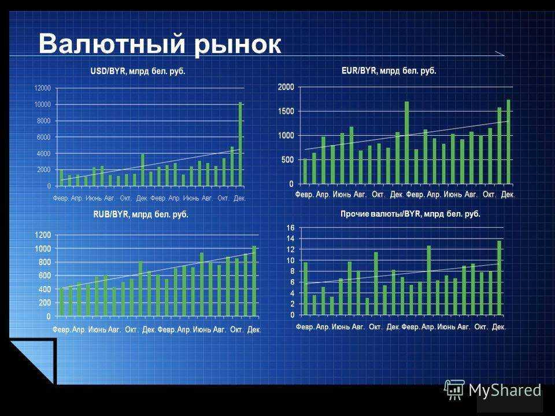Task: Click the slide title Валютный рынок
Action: [160, 44]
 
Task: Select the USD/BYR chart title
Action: [138, 71]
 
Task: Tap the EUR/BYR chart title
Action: [389, 70]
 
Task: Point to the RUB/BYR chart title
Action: [140, 214]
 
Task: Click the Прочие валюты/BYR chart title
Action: [410, 214]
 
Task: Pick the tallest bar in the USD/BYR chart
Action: [240, 144]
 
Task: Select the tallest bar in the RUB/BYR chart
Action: [254, 281]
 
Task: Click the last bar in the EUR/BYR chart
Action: [509, 142]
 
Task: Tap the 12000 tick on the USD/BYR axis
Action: [42, 88]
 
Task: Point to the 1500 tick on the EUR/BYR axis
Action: [286, 112]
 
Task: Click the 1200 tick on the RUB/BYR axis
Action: [43, 235]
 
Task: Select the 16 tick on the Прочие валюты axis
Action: [291, 228]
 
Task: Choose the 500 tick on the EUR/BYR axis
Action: [288, 160]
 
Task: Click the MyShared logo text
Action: [505, 391]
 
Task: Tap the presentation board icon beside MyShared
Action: [454, 390]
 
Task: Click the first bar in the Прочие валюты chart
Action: [305, 289]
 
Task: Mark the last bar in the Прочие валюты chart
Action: [499, 278]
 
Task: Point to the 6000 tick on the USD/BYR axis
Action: [44, 138]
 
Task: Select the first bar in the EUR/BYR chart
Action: [305, 172]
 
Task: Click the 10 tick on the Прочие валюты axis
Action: [291, 261]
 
